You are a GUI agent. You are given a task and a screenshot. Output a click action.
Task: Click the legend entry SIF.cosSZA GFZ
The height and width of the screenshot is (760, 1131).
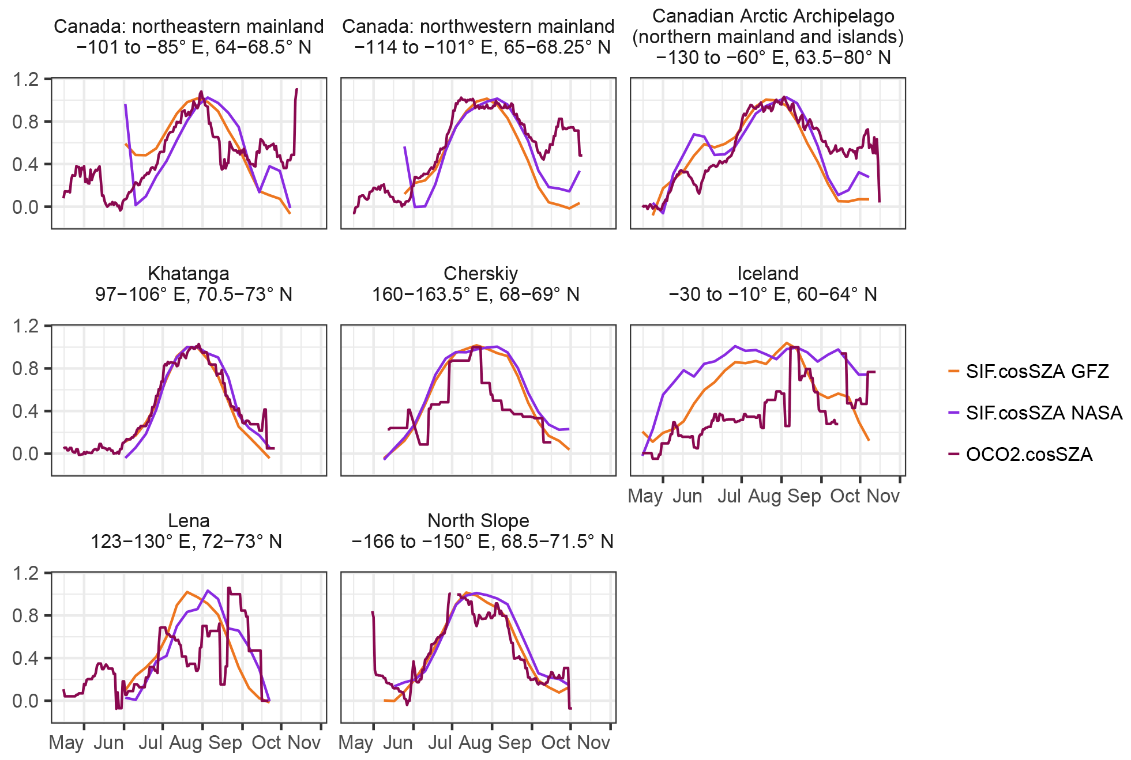tap(1037, 372)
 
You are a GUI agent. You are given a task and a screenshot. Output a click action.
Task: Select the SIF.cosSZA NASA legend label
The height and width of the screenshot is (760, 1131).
tap(1044, 413)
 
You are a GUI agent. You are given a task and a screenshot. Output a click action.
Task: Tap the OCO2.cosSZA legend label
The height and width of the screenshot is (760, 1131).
tap(1029, 455)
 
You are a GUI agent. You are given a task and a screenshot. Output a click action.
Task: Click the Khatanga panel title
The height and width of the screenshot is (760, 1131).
tap(189, 274)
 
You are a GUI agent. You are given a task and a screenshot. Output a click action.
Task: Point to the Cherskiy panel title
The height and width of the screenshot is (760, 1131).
tap(480, 274)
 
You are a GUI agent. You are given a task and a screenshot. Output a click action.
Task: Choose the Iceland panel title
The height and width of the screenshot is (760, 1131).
tap(768, 274)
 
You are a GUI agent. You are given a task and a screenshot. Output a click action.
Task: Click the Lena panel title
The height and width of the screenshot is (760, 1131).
tap(189, 521)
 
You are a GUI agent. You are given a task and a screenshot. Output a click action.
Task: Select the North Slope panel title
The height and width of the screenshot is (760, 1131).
tap(478, 521)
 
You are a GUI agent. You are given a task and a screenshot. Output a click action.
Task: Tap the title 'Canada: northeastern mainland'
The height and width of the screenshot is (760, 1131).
tap(189, 27)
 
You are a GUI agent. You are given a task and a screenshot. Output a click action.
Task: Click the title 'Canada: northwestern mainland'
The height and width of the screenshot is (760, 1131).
tap(478, 27)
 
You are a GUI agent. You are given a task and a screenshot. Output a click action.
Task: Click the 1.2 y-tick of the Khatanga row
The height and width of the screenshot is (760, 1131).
tap(25, 326)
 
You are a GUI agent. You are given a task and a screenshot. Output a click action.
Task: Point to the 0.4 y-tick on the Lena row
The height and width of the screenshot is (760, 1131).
tap(25, 658)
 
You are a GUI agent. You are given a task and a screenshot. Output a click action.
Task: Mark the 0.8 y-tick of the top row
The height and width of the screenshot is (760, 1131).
tap(25, 122)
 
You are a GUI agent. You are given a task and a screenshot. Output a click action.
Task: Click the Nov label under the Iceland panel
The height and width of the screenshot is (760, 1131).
tap(883, 496)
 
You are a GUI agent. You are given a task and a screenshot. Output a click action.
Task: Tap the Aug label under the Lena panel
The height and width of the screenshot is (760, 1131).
tap(185, 743)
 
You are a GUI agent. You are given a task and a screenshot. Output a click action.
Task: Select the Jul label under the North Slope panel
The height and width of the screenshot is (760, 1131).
tap(440, 743)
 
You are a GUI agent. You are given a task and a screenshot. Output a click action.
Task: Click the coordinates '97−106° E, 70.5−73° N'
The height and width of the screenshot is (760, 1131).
tap(194, 294)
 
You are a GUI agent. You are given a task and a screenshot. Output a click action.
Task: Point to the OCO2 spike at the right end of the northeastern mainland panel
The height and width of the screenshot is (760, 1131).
tap(296, 90)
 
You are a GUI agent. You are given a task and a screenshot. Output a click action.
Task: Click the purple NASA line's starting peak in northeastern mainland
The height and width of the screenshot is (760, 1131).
tap(125, 105)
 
